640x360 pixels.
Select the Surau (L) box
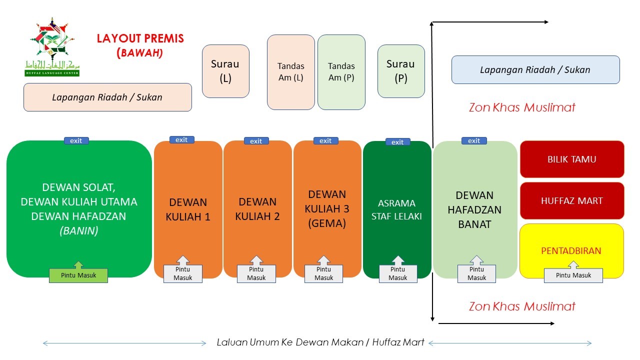225,71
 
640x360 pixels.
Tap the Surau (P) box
401,71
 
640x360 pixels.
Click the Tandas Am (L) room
290,72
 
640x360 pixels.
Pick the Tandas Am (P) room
341,72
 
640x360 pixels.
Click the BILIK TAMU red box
572,159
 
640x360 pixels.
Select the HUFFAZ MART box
572,201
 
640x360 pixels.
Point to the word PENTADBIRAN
571,250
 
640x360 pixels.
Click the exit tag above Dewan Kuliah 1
181,140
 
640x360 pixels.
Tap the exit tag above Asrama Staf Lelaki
397,142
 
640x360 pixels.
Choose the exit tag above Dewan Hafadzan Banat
474,141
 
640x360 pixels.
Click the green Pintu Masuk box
78,275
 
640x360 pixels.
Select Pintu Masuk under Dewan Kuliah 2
256,273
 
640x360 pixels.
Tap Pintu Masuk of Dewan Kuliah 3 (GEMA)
324,273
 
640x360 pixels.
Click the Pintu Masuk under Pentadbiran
573,275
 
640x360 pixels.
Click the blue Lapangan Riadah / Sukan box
535,69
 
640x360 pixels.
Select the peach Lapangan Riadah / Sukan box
107,97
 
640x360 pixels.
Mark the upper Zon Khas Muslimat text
522,107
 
